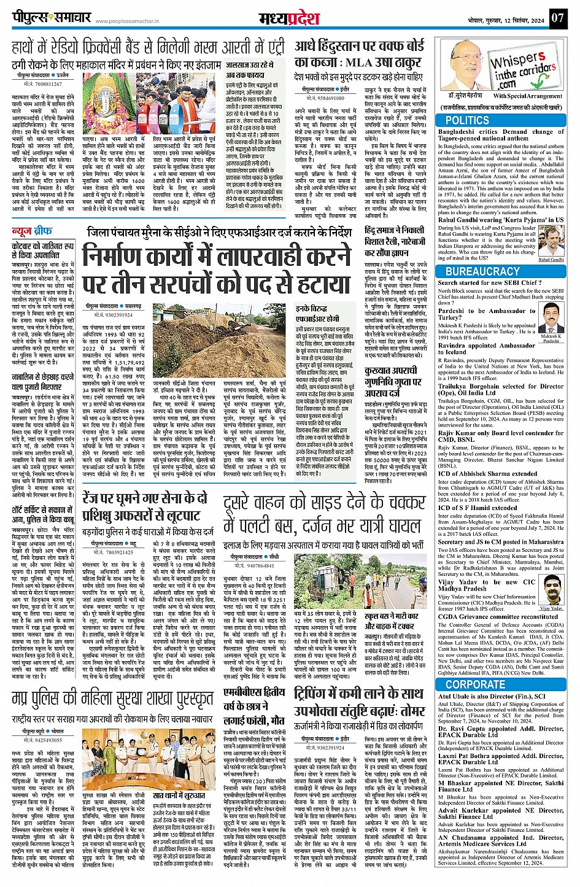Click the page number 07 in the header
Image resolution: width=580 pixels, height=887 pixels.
[x=557, y=17]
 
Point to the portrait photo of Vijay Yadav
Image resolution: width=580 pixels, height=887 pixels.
[x=552, y=591]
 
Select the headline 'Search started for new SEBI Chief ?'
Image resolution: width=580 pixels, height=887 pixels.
[x=489, y=283]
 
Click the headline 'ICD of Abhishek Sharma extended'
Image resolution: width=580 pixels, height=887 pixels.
[x=487, y=474]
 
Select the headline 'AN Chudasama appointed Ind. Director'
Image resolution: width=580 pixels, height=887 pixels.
[x=500, y=841]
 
